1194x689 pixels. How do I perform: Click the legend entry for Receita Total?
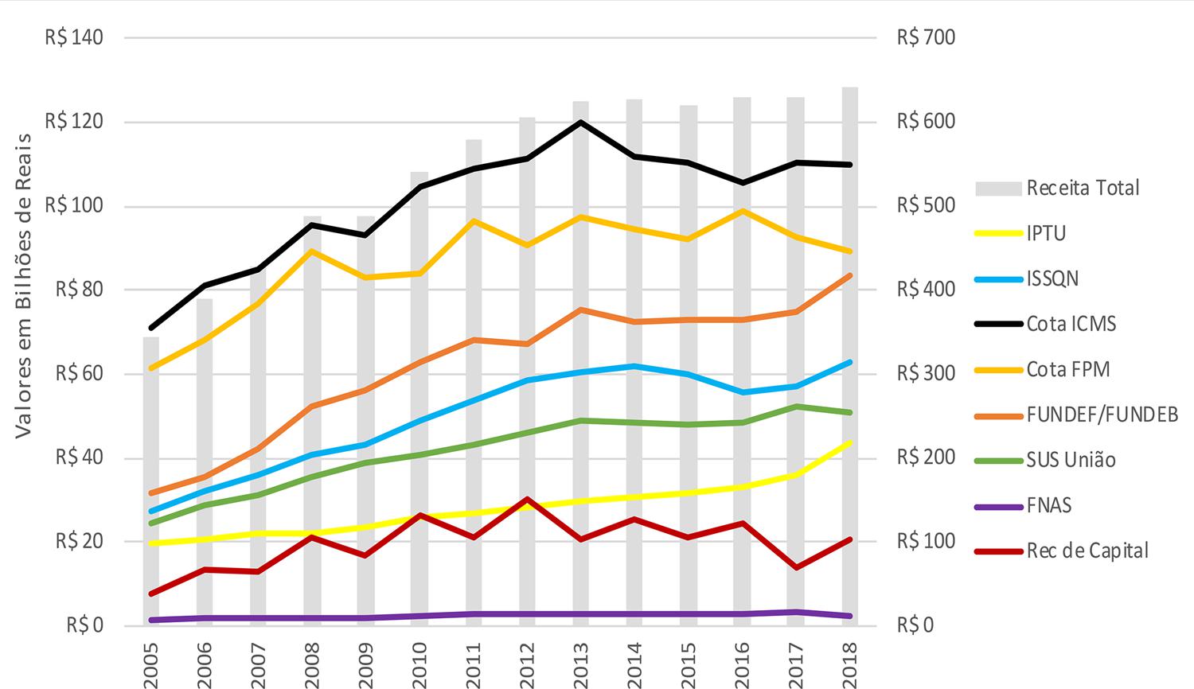[x=1083, y=188]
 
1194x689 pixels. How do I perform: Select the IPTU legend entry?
[x=1046, y=233]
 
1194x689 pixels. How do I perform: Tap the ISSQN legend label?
[x=1052, y=278]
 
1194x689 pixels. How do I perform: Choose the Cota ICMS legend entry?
[x=1071, y=324]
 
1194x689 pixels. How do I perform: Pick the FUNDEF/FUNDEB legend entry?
[x=1102, y=415]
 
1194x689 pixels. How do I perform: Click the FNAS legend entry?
[x=1049, y=505]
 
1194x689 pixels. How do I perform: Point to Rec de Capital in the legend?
[x=1087, y=551]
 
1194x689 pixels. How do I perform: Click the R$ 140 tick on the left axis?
[x=74, y=37]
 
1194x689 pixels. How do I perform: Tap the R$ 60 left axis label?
[x=79, y=373]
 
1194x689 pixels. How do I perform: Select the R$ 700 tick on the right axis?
[x=926, y=37]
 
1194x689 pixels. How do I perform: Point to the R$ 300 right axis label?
[x=926, y=373]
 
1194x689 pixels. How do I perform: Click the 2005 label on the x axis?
[x=150, y=659]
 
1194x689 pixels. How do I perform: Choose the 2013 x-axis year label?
[x=579, y=659]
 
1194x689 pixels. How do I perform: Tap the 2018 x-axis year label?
[x=849, y=659]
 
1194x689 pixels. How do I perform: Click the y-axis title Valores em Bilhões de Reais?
[x=23, y=285]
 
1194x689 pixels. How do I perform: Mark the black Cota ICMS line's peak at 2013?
[x=580, y=122]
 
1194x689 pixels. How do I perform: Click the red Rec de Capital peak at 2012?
[x=527, y=499]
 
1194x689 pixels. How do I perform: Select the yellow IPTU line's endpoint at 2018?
[x=849, y=442]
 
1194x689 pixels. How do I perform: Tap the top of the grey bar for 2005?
[x=150, y=338]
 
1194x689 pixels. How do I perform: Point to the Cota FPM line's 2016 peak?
[x=742, y=211]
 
